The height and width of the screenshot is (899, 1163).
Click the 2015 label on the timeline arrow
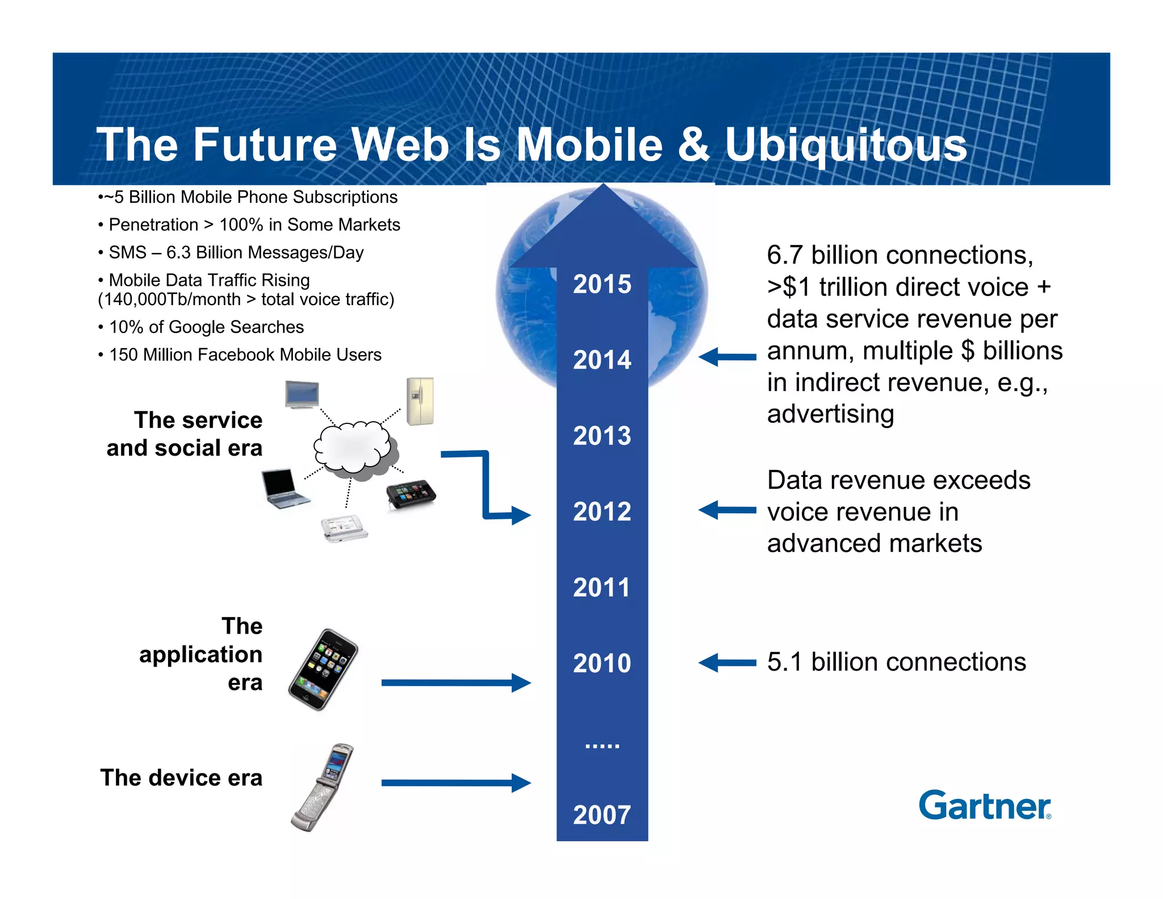(x=601, y=284)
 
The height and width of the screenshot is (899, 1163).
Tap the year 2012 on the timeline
(x=601, y=511)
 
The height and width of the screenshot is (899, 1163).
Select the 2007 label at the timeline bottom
(x=601, y=815)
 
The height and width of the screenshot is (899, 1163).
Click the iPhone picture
(x=323, y=669)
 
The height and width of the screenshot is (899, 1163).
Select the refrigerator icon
(x=420, y=401)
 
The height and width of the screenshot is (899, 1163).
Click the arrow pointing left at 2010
(x=727, y=663)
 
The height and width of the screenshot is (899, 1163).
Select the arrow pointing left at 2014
(x=727, y=357)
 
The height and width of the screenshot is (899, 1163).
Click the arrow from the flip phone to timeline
(x=454, y=783)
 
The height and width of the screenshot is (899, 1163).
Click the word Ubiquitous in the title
(x=846, y=145)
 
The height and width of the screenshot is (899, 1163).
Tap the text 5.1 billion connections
(x=896, y=662)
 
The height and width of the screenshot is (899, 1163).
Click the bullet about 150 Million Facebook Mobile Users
(x=244, y=355)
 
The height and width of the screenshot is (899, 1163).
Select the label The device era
(x=181, y=777)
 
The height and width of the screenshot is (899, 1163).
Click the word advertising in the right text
(x=830, y=414)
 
